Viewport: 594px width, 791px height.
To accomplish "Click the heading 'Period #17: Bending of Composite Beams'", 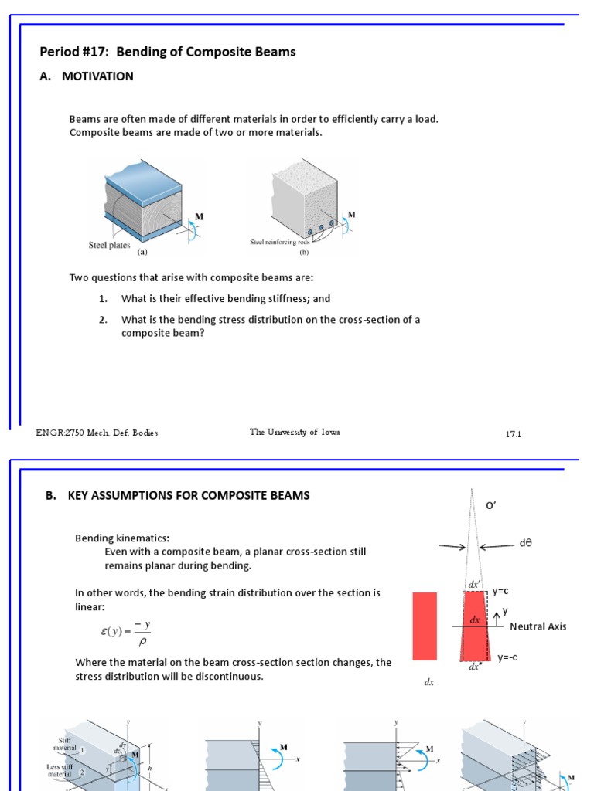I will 168,53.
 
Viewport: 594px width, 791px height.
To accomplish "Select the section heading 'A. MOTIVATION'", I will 87,76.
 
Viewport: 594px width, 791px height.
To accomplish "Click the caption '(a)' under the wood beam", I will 142,252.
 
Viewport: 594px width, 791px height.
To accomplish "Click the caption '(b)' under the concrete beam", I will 304,251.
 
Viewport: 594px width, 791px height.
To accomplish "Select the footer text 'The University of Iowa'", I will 295,433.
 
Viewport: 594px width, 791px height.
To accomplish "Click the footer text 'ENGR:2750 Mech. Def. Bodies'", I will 97,433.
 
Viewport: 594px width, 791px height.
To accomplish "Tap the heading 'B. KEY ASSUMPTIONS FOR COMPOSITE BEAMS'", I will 177,496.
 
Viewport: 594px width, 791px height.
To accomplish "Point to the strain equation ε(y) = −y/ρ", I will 125,632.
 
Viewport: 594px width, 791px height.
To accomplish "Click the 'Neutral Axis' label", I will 538,626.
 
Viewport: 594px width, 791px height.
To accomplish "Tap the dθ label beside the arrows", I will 526,544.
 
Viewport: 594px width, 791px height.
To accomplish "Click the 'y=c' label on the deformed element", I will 500,591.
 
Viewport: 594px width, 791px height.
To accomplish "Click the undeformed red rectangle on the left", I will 425,626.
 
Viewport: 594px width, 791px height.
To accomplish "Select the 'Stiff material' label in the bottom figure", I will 65,744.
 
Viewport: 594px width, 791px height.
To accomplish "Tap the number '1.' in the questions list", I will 103,299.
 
